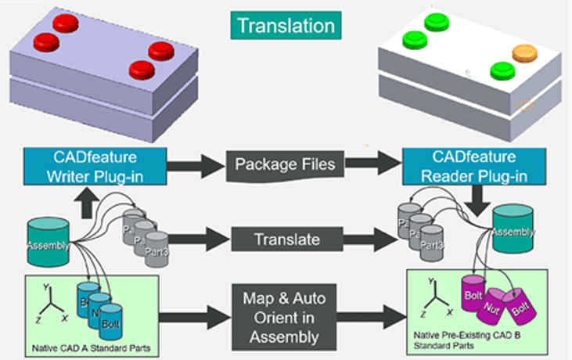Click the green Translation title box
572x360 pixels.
pos(286,25)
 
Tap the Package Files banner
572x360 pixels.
pos(285,165)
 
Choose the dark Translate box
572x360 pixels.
pos(285,236)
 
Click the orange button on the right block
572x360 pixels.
pos(524,53)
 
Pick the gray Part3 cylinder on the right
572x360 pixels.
pos(431,243)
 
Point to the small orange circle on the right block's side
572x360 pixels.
pos(526,105)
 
